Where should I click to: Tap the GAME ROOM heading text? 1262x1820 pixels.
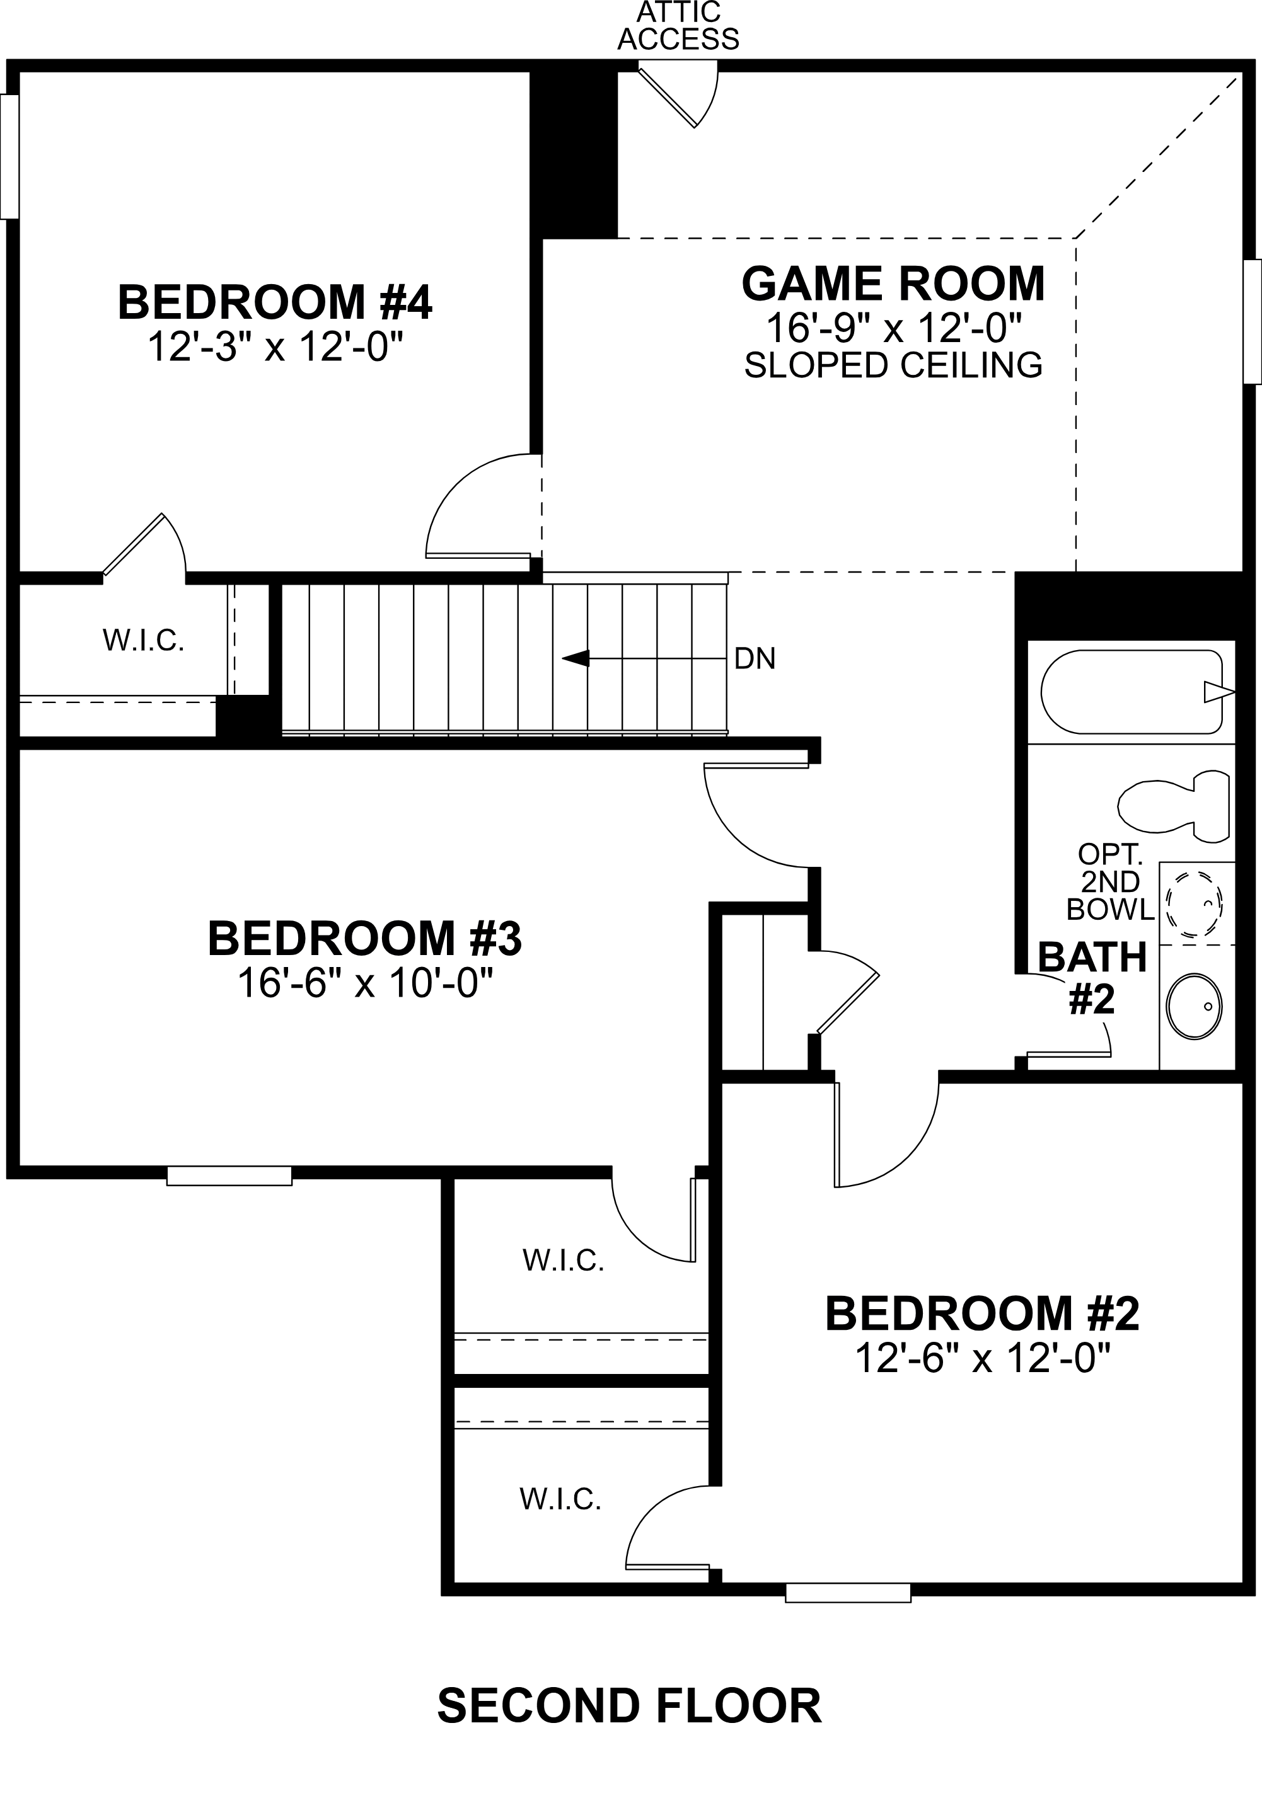[x=893, y=283]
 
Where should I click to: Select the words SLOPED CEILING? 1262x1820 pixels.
[x=893, y=365]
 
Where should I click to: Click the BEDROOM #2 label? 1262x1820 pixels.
[x=982, y=1314]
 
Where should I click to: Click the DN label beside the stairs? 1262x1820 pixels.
[x=755, y=658]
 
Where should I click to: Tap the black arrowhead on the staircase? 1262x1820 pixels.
[x=576, y=658]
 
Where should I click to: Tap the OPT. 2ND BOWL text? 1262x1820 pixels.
[x=1110, y=882]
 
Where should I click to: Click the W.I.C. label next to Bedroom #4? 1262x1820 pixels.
[x=143, y=641]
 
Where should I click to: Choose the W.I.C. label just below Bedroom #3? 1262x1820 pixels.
[x=563, y=1261]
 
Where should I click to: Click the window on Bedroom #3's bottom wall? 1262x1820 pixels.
[x=229, y=1175]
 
